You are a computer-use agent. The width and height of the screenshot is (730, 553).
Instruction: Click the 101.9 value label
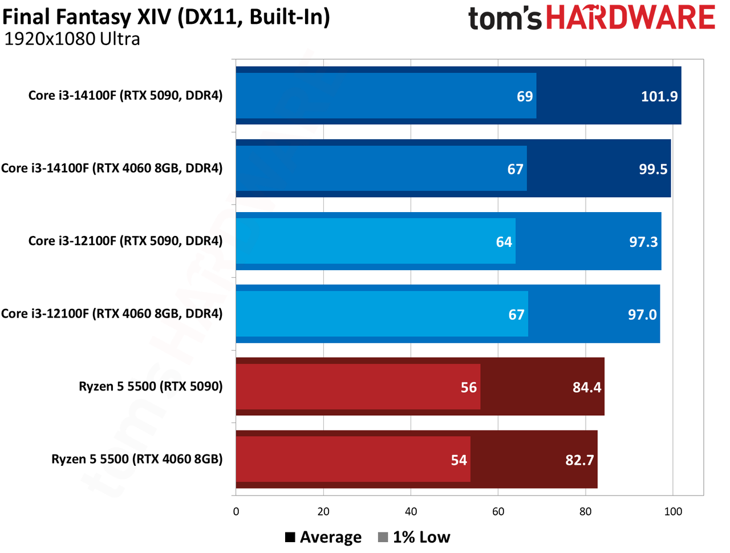659,96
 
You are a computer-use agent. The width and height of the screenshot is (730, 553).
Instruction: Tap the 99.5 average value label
653,169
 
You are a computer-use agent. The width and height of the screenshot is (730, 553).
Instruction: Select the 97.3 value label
643,242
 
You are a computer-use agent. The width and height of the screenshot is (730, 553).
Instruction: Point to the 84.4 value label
587,387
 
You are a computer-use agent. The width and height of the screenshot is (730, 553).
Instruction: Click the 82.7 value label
579,460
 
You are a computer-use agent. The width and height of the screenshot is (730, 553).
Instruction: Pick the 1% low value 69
525,96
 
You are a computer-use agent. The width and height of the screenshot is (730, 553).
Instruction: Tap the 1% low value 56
469,387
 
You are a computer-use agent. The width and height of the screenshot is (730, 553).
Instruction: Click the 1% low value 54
459,460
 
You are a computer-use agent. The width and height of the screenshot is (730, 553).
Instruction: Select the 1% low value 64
504,242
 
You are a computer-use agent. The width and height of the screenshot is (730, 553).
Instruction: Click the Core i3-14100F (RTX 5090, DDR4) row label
125,95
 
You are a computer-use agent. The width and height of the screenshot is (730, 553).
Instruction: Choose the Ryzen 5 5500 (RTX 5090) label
151,386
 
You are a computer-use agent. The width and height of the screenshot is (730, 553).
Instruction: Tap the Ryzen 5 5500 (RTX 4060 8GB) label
137,459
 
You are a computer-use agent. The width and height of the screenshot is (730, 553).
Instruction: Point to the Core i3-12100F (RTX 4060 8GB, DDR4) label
112,314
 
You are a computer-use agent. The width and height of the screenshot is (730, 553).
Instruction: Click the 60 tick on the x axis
498,511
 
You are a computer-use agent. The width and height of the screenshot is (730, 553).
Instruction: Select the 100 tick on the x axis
673,511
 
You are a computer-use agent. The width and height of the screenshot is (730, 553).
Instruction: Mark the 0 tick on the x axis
236,511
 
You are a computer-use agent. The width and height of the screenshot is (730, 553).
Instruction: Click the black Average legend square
290,537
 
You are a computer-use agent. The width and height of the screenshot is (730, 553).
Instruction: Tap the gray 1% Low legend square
383,537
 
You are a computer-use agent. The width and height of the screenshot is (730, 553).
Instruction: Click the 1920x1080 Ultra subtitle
72,39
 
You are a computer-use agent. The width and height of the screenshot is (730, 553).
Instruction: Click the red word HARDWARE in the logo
631,17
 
